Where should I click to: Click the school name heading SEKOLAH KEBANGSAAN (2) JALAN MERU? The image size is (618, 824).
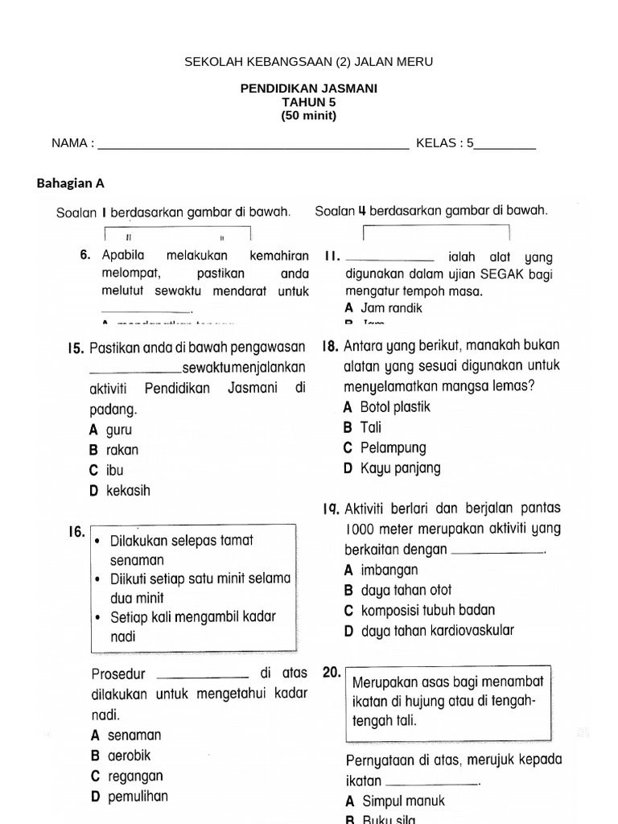(x=309, y=61)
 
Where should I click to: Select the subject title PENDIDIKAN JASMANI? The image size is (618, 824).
(x=309, y=89)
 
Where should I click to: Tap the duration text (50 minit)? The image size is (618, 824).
(x=309, y=115)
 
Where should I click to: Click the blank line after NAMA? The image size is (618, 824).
(x=253, y=145)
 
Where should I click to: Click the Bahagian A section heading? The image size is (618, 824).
(x=71, y=183)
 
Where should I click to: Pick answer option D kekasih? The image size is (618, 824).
(x=120, y=490)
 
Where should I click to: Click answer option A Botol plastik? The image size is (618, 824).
(x=387, y=407)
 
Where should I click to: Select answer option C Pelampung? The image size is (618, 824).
(x=385, y=448)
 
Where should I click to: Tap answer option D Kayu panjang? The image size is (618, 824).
(x=392, y=468)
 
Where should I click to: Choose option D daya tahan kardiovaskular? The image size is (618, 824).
(x=428, y=631)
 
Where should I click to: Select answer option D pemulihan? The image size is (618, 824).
(x=130, y=797)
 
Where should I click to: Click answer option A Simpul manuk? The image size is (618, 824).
(x=394, y=801)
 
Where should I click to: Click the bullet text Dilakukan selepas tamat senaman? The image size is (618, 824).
(x=181, y=549)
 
